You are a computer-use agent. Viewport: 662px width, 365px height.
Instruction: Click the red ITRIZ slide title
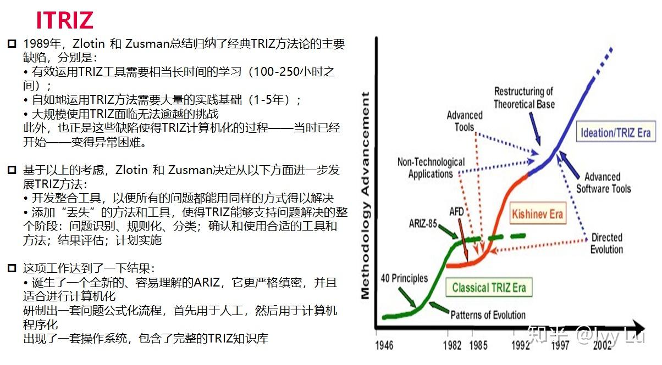click(x=64, y=20)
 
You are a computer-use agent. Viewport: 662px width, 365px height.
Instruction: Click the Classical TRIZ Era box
click(x=489, y=288)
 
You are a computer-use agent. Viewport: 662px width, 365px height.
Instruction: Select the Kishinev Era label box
click(x=537, y=214)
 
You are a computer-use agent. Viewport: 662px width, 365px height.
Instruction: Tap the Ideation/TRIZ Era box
click(x=615, y=133)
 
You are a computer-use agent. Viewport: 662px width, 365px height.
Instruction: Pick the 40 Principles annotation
click(x=404, y=278)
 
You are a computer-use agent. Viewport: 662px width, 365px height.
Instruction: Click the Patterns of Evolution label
click(x=488, y=315)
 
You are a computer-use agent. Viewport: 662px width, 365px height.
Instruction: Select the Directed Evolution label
click(x=606, y=243)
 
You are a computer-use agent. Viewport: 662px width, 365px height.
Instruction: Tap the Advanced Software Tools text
click(x=603, y=183)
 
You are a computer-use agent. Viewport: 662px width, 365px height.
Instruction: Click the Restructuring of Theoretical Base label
click(x=523, y=98)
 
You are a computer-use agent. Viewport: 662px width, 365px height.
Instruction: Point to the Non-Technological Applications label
click(x=431, y=168)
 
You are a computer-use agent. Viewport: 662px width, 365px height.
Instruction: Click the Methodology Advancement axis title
click(x=366, y=195)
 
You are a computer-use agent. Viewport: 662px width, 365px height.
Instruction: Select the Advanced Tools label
click(x=465, y=121)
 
